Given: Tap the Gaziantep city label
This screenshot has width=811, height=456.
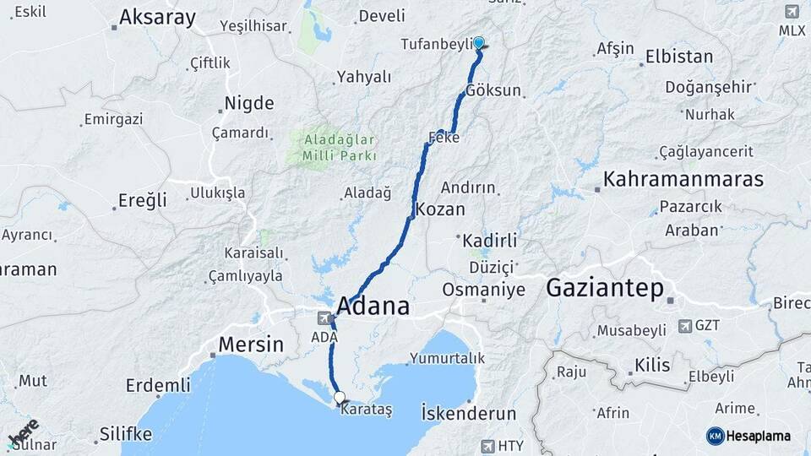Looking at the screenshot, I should click(604, 288).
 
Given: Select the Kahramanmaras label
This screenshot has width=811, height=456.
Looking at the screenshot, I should click(683, 180).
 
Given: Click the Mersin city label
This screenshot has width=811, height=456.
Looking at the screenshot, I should click(251, 345).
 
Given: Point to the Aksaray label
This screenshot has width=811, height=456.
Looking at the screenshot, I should click(157, 18).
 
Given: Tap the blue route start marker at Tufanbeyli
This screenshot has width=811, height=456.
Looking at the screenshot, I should click(479, 42).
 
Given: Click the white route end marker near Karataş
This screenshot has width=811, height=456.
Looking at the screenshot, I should click(339, 397).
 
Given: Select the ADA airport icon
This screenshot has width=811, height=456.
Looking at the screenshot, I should click(324, 318).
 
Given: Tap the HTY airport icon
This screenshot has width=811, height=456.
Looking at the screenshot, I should click(487, 445).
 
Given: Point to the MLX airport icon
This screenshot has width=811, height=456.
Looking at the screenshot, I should click(792, 12).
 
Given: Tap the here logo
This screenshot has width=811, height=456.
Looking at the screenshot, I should click(23, 432).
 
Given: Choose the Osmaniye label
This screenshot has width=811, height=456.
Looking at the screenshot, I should click(483, 290).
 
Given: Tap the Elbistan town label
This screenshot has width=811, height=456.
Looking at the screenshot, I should click(678, 57).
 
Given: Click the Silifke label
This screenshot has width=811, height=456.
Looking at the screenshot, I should click(125, 434).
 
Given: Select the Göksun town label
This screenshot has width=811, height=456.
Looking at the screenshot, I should click(493, 90).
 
